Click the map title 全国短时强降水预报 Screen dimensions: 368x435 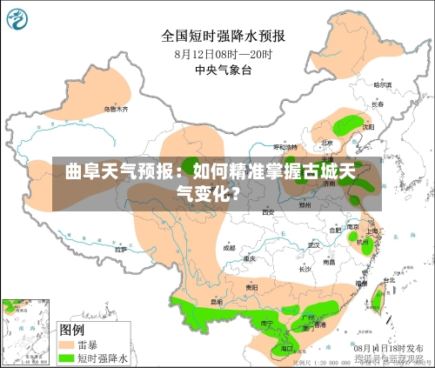224,36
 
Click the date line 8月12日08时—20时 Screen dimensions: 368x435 223,54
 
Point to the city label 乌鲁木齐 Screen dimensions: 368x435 116,110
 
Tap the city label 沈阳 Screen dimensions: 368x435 368,126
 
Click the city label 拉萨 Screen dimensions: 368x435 121,250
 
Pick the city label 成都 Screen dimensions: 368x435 229,247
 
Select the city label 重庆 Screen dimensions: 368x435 250,258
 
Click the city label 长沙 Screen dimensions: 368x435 304,269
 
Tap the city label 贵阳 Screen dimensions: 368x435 251,286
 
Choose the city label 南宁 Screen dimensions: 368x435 268,322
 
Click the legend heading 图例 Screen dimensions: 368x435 71,330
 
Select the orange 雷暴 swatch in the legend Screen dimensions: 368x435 66,345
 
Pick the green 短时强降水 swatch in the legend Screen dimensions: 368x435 66,357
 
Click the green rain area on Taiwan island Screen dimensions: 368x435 378,300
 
